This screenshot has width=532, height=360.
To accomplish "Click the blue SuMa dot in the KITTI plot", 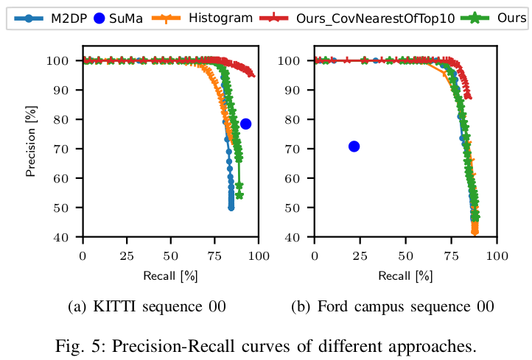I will (245, 124).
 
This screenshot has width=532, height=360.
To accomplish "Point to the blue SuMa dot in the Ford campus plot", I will (354, 147).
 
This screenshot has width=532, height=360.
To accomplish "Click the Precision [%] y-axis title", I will (30, 148).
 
